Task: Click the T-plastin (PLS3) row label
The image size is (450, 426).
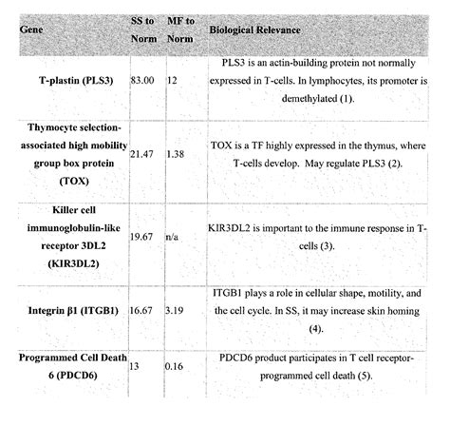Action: pyautogui.click(x=69, y=82)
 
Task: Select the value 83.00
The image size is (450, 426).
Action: pyautogui.click(x=143, y=82)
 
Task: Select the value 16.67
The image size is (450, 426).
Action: pyautogui.click(x=143, y=309)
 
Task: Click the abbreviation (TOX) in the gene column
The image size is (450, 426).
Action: pyautogui.click(x=72, y=180)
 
